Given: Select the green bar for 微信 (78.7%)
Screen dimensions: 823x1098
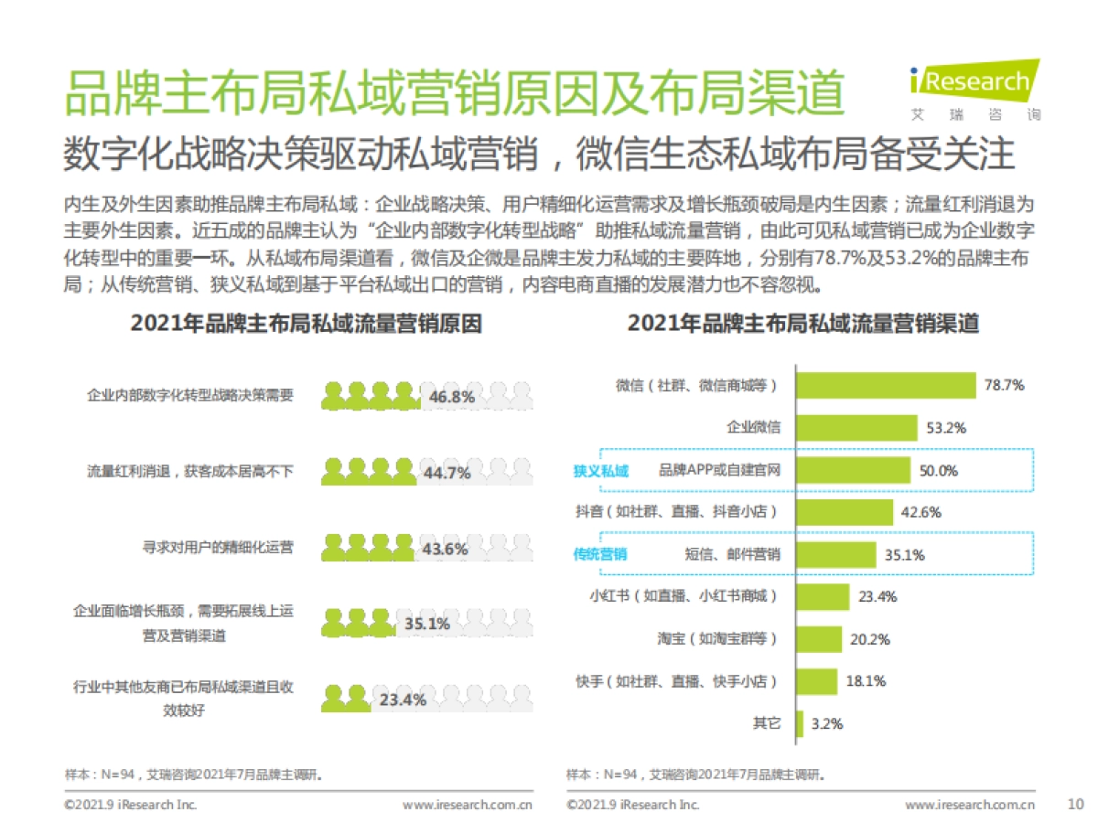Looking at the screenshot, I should tap(886, 385).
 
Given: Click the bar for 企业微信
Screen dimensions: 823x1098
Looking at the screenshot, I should tap(856, 427).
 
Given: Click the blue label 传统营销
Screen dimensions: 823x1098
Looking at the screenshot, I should tap(600, 554).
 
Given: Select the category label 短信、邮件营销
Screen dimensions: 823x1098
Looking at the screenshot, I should tap(732, 554).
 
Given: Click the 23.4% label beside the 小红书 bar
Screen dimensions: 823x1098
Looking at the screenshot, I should tap(877, 596).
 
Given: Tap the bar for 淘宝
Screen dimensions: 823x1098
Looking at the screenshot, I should tap(819, 639).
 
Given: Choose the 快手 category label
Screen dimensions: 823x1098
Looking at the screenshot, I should tap(695, 681).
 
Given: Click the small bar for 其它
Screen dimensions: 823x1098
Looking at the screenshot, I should tap(800, 723).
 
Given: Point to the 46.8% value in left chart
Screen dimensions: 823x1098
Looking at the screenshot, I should tap(451, 397).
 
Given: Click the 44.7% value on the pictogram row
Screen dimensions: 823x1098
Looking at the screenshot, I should tap(447, 473).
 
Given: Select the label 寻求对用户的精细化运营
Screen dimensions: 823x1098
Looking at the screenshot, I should tap(218, 548).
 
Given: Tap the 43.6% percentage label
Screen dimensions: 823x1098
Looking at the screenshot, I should tap(445, 550).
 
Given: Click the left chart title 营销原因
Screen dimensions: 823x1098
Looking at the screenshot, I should tap(306, 324).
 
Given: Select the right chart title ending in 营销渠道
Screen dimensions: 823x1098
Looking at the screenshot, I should tap(802, 324).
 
